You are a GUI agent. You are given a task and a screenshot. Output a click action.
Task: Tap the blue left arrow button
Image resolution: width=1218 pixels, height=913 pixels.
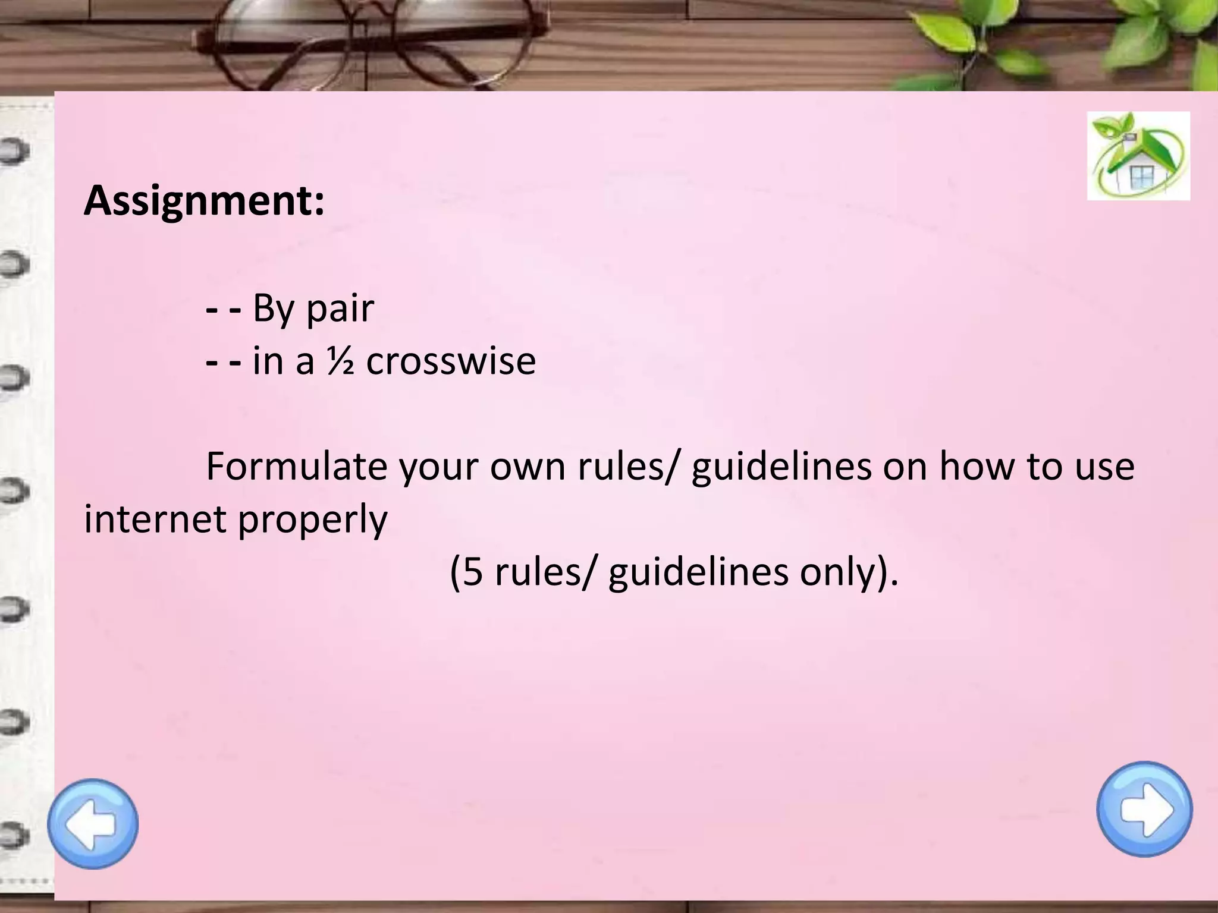(x=93, y=823)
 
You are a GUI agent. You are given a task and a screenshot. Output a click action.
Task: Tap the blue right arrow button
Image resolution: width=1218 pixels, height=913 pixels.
(x=1144, y=809)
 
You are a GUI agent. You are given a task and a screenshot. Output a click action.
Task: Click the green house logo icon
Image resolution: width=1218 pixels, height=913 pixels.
(x=1138, y=156)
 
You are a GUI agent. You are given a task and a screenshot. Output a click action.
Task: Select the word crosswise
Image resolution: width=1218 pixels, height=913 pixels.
(x=451, y=361)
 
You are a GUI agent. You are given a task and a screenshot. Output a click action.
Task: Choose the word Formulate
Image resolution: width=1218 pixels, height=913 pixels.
(x=296, y=466)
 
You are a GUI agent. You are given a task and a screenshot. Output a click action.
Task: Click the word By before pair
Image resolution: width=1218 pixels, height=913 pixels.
(x=274, y=309)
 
